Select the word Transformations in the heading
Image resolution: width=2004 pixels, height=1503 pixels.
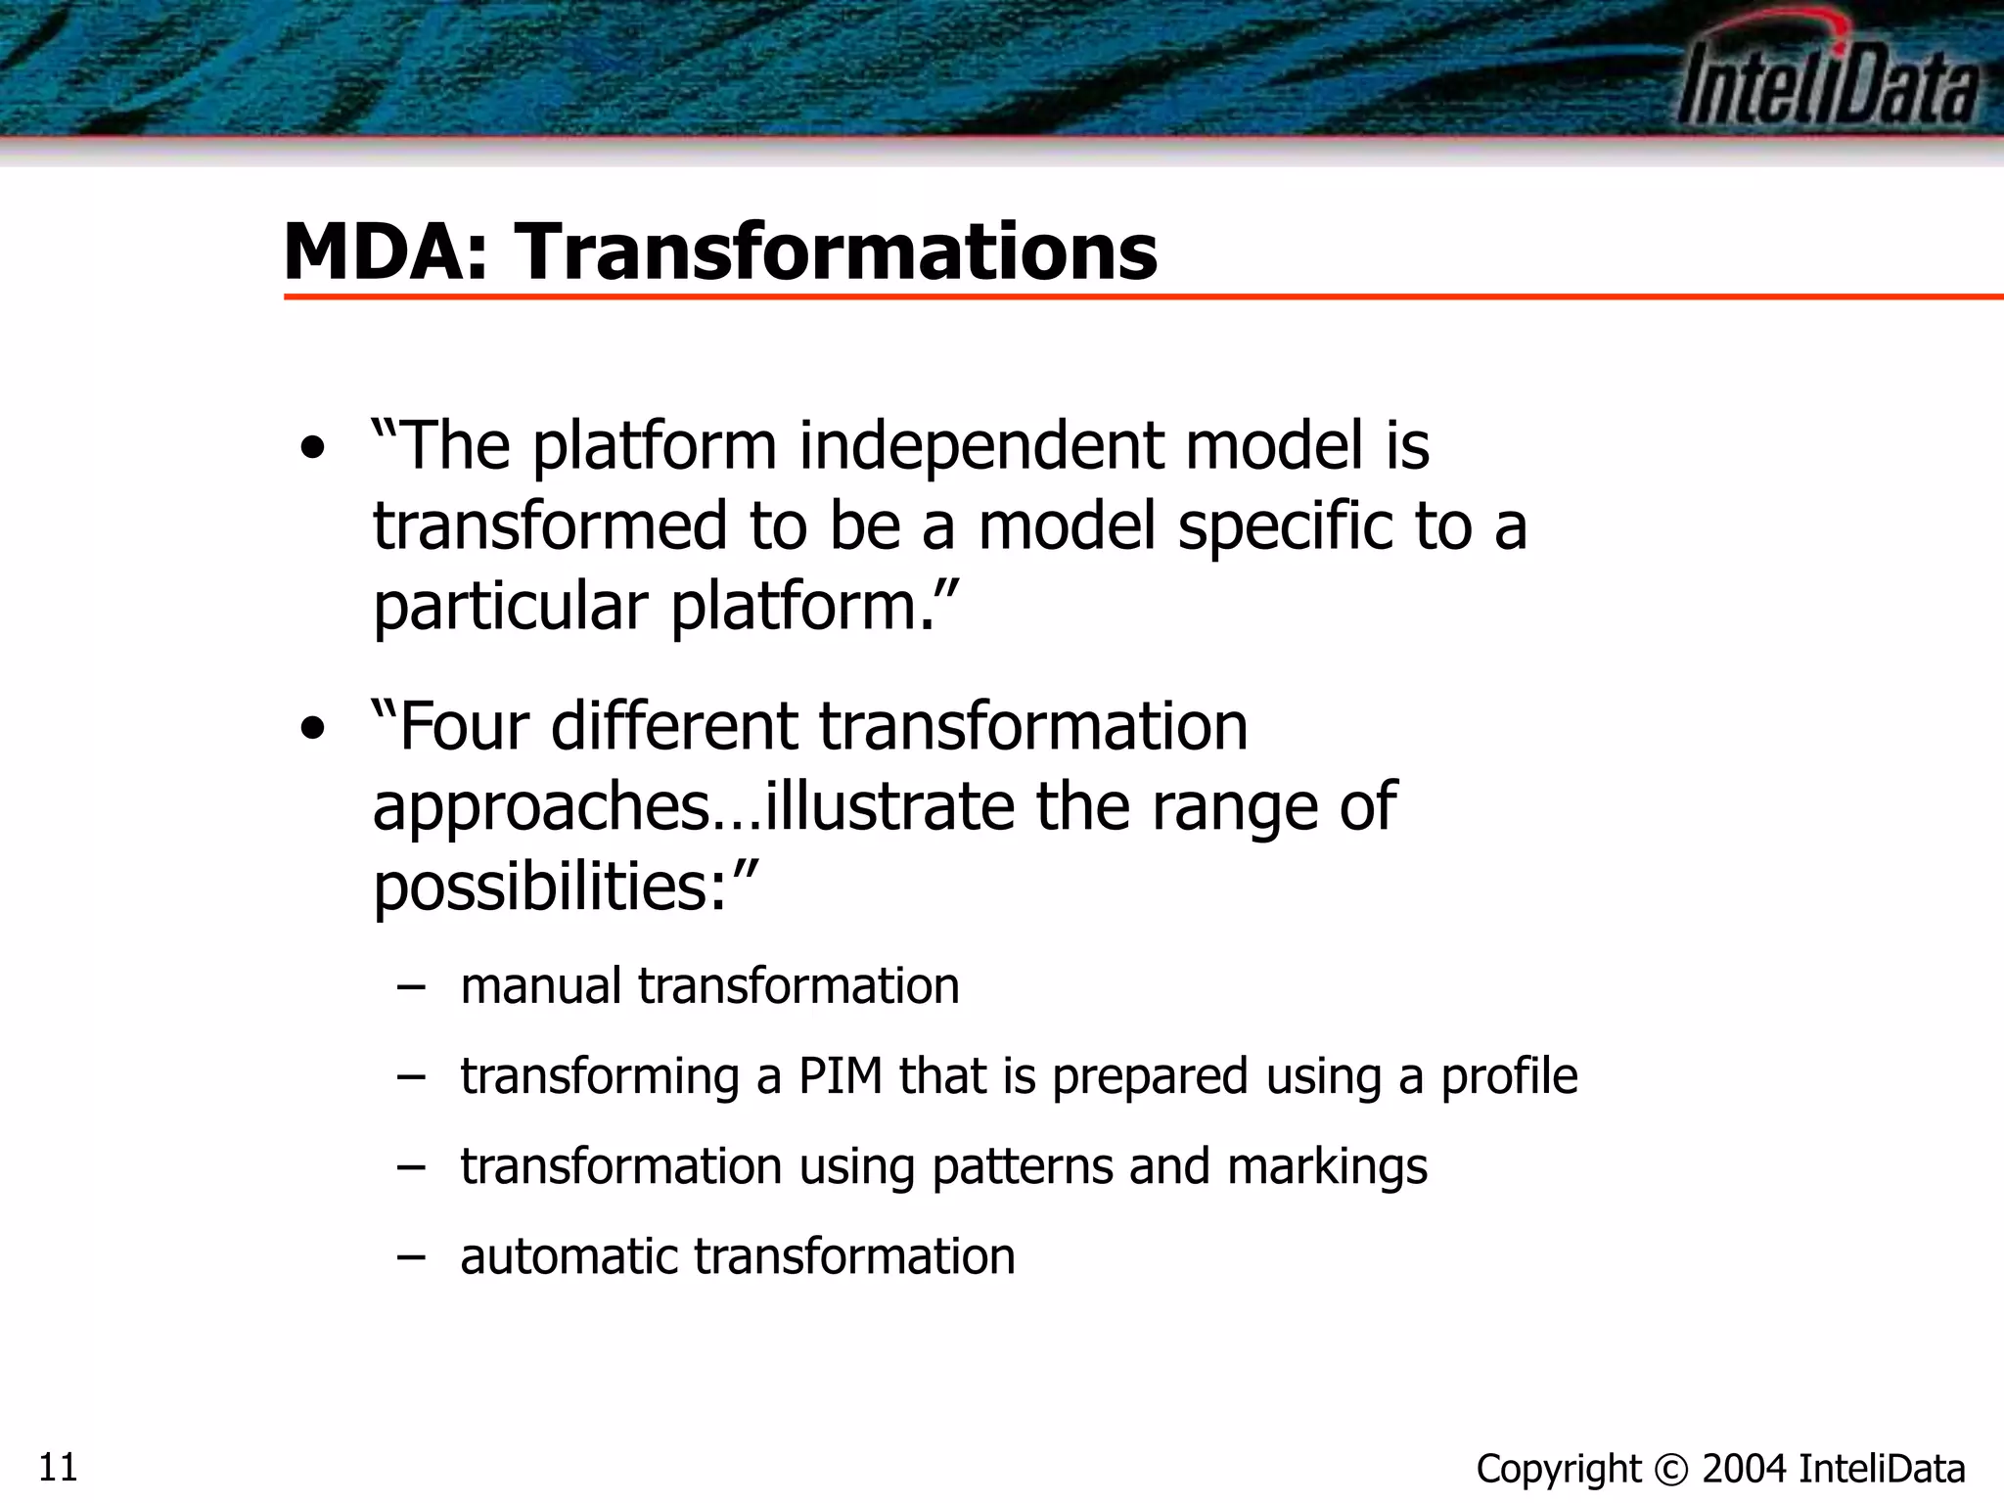click(x=837, y=251)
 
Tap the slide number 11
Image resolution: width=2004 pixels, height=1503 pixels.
click(x=58, y=1468)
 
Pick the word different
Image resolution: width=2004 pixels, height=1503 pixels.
click(x=675, y=726)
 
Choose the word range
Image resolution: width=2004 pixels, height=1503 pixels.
click(x=1234, y=808)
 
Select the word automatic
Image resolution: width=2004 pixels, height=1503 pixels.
click(x=569, y=1256)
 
